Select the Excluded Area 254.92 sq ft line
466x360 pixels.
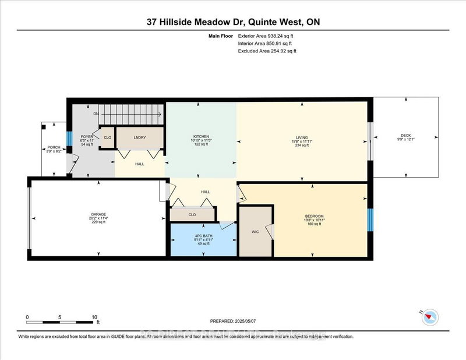pos(267,51)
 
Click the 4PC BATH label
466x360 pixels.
pos(203,236)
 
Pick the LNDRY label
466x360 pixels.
pos(139,137)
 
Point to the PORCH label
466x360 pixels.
pos(53,147)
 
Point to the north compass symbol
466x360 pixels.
pos(430,317)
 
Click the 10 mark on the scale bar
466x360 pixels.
pos(94,317)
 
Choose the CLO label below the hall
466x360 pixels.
pos(192,214)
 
